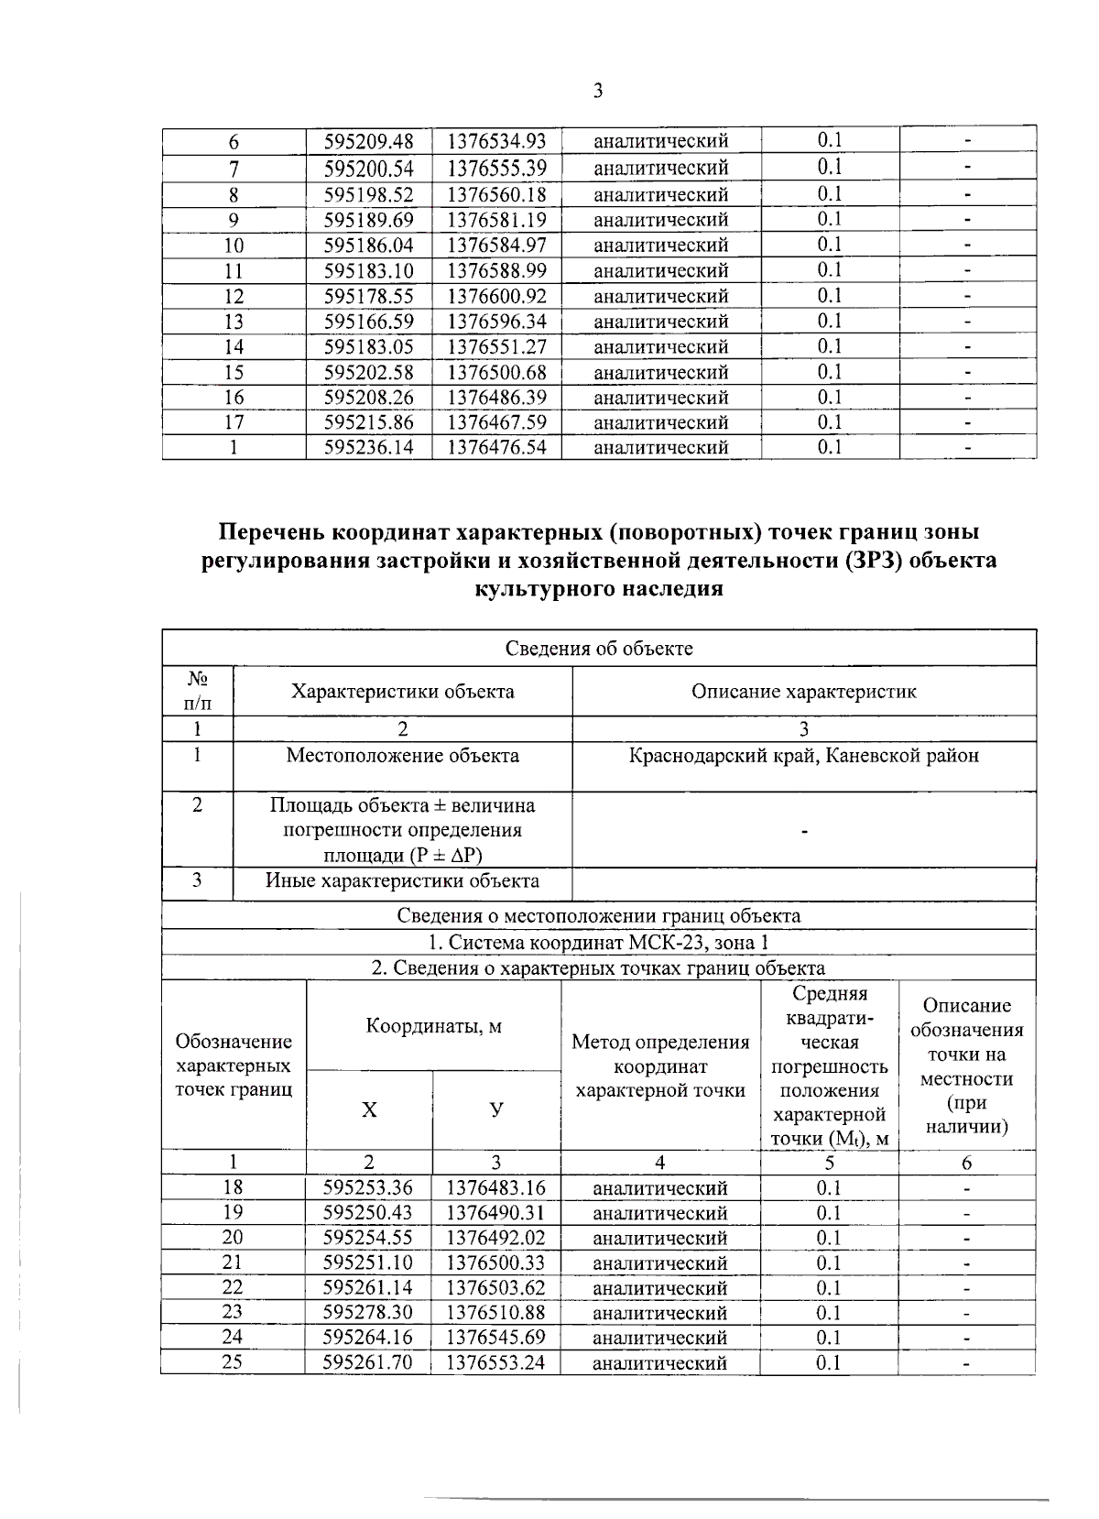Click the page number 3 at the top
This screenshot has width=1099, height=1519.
pos(597,91)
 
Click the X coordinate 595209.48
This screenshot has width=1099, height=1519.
pos(369,141)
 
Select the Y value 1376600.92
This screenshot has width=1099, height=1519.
pos(496,297)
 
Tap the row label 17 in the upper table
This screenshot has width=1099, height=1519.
pos(234,423)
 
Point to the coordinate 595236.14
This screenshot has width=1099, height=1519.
pos(369,448)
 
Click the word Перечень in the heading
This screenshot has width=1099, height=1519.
pos(271,532)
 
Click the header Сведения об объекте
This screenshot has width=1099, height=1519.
pos(599,649)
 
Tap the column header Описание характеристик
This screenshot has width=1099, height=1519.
pos(803,692)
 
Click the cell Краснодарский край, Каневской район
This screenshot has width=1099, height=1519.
pos(803,756)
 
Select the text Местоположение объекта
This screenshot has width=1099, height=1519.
pos(402,756)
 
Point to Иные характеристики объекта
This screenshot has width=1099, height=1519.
pos(402,881)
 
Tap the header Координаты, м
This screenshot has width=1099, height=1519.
pos(433,1025)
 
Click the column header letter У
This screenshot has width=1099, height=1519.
pos(495,1109)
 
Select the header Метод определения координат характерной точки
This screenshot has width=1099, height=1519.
pos(660,1065)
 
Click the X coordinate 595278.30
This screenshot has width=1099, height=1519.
pos(368,1313)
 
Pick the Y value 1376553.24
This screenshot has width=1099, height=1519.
pos(495,1362)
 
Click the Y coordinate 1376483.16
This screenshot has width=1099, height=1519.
pos(495,1188)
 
